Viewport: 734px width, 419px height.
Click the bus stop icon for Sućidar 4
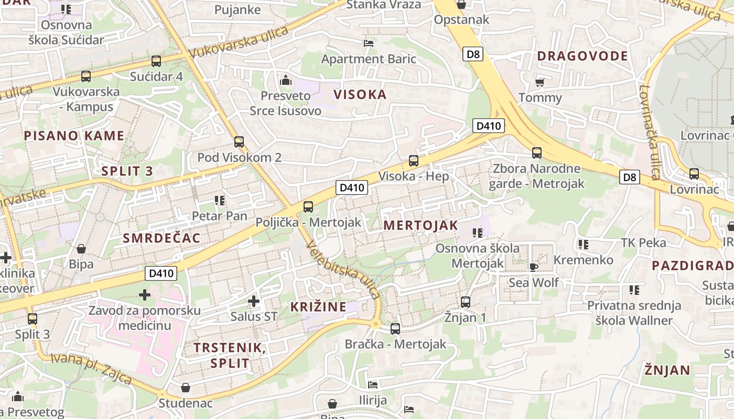pos(156,61)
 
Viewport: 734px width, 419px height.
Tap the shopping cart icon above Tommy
pos(539,82)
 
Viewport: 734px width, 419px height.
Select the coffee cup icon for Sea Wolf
pos(534,267)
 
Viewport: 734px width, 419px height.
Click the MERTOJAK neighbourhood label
pos(420,226)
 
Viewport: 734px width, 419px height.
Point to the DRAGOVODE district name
pos(582,56)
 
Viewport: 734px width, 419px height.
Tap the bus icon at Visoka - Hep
pos(413,161)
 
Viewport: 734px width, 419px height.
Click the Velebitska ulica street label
pos(343,269)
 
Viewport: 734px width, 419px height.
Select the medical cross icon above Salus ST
pos(254,301)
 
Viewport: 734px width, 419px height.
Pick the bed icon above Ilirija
pos(373,385)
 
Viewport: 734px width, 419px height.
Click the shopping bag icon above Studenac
pos(185,388)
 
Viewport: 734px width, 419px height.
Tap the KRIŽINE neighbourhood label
pos(318,307)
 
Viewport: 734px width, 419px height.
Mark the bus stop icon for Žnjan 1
pos(465,302)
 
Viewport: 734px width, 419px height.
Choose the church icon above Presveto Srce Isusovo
pos(285,80)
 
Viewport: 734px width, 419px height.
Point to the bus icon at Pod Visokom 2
pos(239,141)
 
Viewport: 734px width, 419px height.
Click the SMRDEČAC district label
pos(161,238)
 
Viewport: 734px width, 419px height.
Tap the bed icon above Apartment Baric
pos(369,43)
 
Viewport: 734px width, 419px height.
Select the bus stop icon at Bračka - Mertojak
pos(395,329)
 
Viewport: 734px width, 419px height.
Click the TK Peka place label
pos(643,242)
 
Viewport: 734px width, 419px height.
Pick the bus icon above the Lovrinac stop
pos(694,174)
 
